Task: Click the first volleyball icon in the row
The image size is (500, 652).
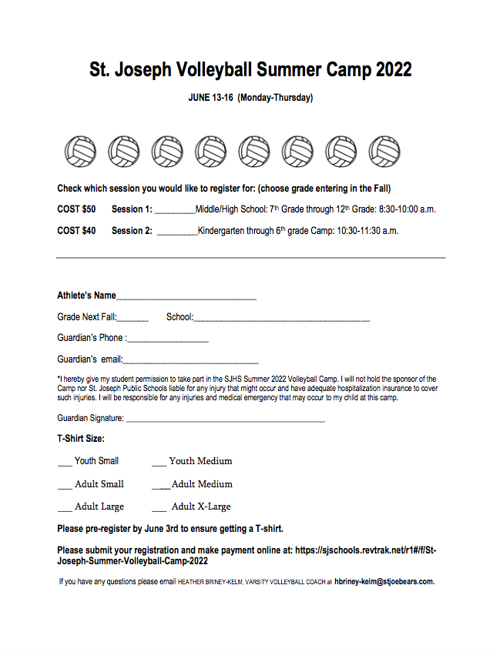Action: tap(80, 152)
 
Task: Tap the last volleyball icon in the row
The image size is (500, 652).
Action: tap(384, 152)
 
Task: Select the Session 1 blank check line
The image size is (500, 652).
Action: tap(175, 210)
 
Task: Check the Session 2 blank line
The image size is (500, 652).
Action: tap(176, 232)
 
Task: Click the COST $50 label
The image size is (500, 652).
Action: tap(76, 209)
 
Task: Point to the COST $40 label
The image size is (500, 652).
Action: tap(76, 231)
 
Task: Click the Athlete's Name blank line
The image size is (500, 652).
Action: tap(186, 297)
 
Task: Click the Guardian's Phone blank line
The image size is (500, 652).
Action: tap(168, 339)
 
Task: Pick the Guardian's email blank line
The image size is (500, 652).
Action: tap(190, 361)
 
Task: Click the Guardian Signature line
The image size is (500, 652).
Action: tap(224, 420)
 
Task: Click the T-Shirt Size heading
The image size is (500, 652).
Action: tap(81, 439)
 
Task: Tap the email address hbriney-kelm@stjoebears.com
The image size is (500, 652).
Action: tap(384, 582)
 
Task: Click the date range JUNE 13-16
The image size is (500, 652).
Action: tap(210, 98)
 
